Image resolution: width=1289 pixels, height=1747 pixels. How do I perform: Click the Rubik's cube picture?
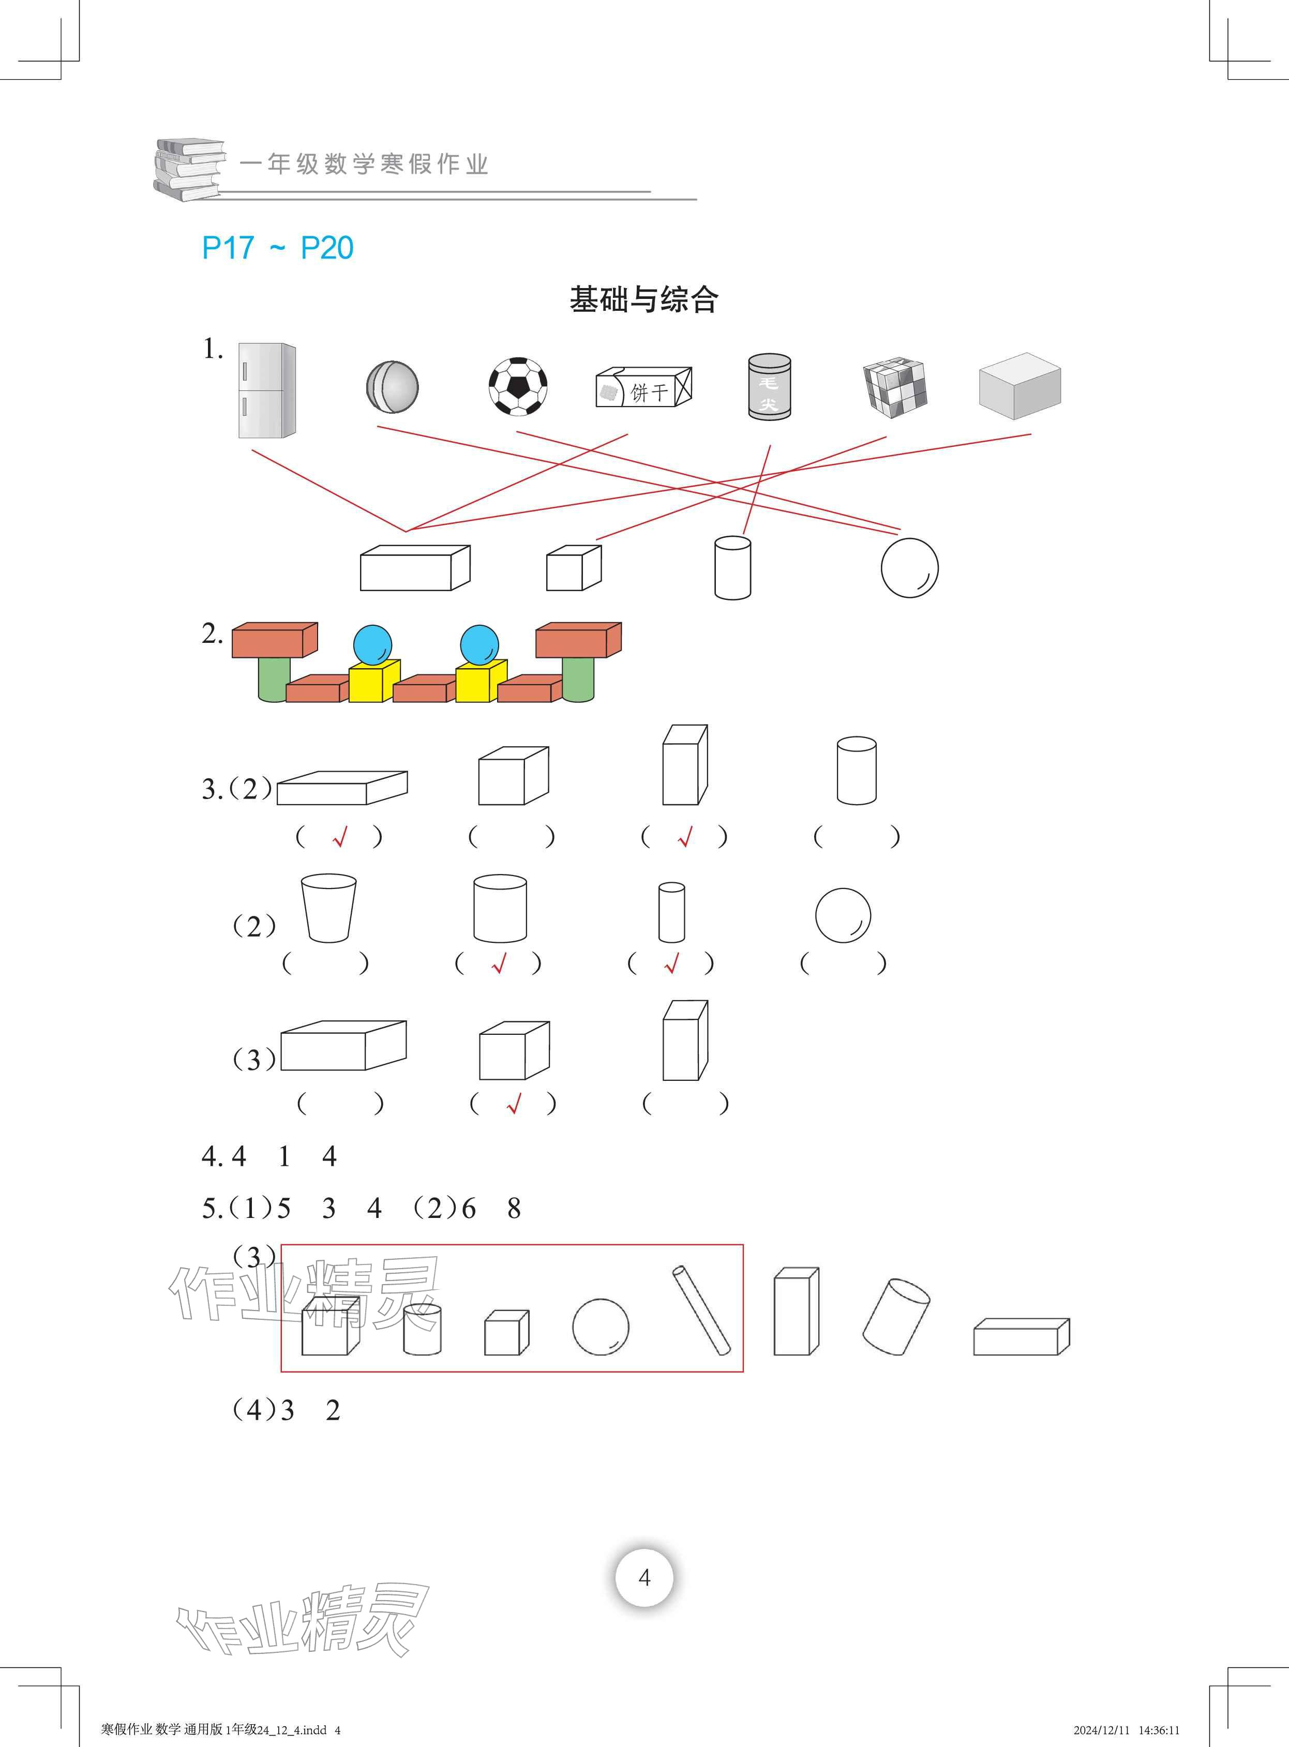(894, 387)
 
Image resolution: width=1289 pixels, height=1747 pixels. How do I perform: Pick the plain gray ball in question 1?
(392, 386)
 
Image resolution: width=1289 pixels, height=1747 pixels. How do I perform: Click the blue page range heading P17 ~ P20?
(277, 248)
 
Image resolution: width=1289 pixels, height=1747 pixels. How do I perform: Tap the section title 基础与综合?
(643, 299)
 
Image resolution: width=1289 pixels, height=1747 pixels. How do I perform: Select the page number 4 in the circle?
(643, 1577)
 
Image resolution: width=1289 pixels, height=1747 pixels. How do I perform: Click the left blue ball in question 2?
(372, 644)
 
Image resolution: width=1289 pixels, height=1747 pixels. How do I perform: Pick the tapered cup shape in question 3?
(328, 908)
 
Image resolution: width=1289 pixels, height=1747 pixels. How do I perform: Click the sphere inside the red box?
(600, 1327)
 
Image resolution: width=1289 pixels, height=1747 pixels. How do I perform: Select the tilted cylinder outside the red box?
(896, 1317)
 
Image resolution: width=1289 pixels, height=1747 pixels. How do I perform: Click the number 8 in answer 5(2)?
(514, 1208)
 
